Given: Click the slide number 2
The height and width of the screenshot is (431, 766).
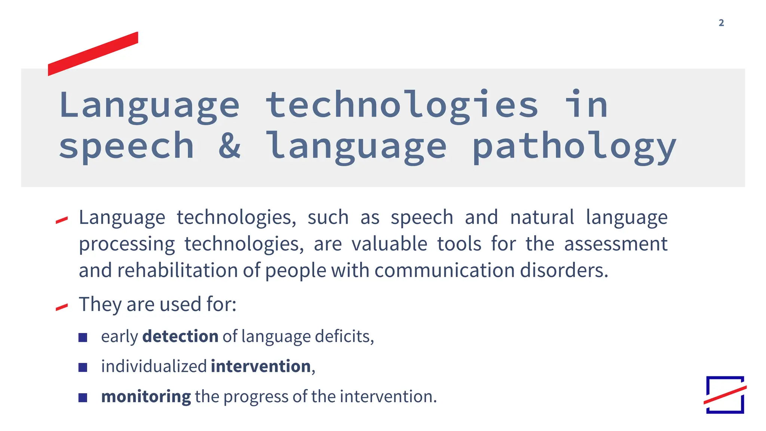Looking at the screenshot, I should pos(721,23).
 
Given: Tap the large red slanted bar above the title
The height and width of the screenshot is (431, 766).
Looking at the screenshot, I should pos(93,54).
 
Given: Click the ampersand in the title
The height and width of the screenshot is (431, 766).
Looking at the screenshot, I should pos(229,146).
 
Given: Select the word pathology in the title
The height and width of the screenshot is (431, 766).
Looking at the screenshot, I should pos(574,147).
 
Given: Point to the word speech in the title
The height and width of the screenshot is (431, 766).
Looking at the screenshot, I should pos(126,147).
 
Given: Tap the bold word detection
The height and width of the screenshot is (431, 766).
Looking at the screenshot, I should pos(180,336).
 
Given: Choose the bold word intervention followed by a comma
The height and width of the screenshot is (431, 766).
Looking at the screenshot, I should pos(261,366).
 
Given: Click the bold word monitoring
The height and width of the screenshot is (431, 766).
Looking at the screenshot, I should pos(146,397).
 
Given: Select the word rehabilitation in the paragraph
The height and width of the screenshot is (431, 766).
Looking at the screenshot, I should pos(177,270).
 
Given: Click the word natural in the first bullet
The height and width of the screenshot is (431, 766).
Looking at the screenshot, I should pos(542,217).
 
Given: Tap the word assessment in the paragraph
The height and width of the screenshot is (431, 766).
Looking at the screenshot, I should pos(615,244).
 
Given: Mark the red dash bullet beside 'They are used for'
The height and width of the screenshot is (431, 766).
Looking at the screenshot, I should pos(62,307).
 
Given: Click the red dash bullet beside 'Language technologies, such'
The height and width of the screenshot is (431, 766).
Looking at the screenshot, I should pos(62,220).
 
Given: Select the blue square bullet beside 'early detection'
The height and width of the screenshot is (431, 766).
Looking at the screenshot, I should pos(83,337).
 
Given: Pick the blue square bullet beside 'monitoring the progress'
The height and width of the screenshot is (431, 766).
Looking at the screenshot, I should pos(83,397).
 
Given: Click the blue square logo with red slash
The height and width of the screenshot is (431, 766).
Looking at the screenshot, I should pos(725,395).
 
